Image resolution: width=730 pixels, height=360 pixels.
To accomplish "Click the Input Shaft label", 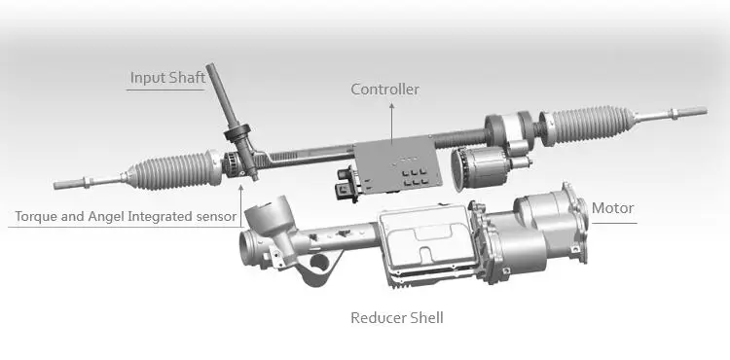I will point(168,77).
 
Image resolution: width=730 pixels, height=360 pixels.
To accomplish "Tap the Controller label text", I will point(385,90).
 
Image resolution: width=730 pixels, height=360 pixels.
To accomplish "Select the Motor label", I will point(613,208).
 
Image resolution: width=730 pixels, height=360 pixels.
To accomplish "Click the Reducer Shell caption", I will point(397,317).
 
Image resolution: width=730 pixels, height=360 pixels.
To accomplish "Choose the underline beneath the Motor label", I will point(613,223).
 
